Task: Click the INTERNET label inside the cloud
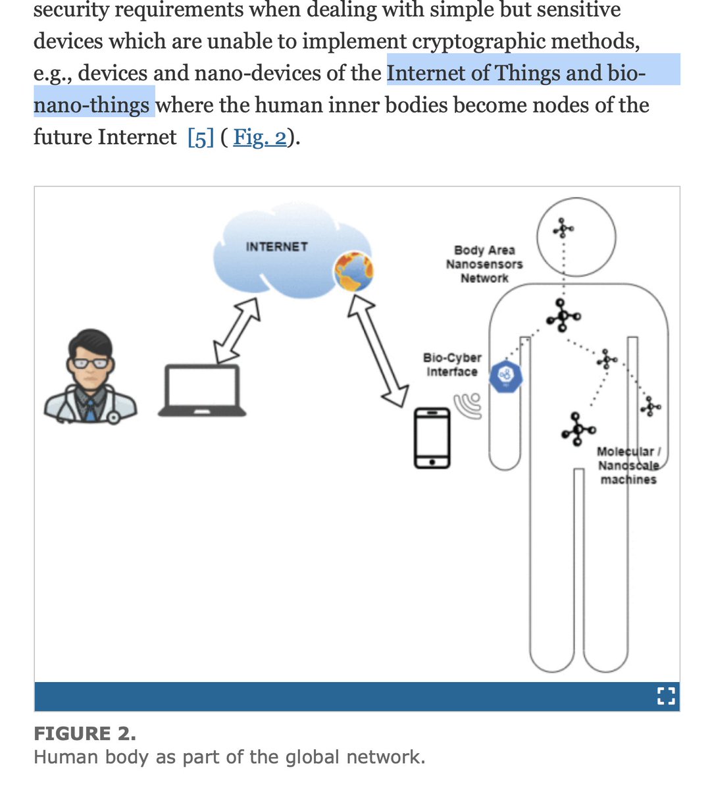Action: click(x=276, y=247)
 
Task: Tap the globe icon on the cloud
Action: click(x=353, y=271)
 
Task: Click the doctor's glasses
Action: click(x=91, y=363)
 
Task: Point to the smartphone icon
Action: click(x=432, y=438)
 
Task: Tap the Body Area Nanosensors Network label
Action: click(x=484, y=264)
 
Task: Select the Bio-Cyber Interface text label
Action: click(x=452, y=365)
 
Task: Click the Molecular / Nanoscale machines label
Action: click(x=628, y=465)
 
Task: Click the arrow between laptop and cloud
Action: click(x=236, y=330)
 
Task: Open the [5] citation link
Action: click(x=201, y=138)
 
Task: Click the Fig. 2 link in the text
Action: click(x=260, y=138)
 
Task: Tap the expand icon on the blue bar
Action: click(x=666, y=697)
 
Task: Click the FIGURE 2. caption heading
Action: click(x=85, y=733)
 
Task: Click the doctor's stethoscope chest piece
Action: click(x=113, y=417)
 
